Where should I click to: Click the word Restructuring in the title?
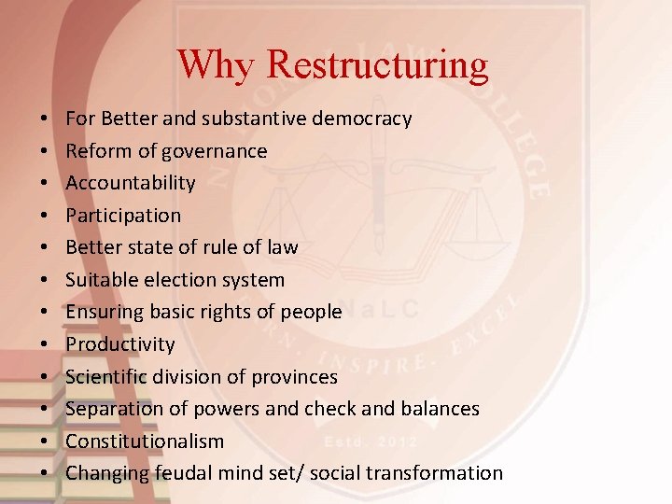pyautogui.click(x=377, y=64)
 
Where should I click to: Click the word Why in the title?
pyautogui.click(x=217, y=64)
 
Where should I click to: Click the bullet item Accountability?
pyautogui.click(x=131, y=183)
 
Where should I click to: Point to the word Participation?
pyautogui.click(x=123, y=216)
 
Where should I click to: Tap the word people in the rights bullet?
pyautogui.click(x=311, y=312)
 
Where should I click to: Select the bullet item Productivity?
pyautogui.click(x=120, y=344)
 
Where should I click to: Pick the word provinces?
pyautogui.click(x=294, y=377)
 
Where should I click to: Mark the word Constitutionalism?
pyautogui.click(x=145, y=441)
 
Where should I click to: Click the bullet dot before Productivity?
pyautogui.click(x=45, y=344)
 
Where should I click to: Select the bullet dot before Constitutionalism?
pyautogui.click(x=45, y=441)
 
